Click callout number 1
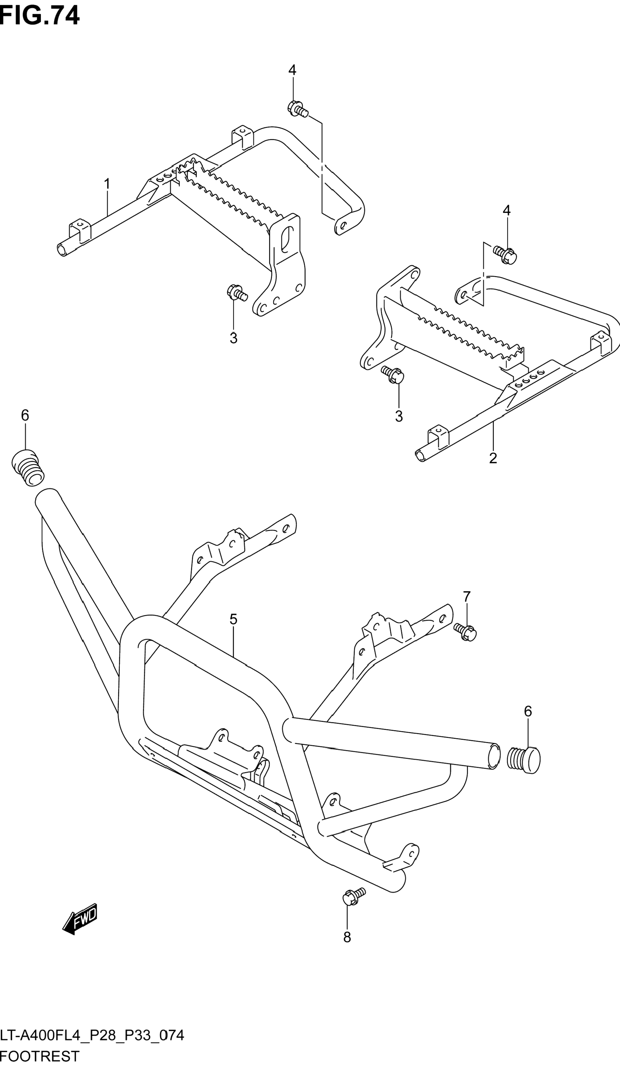(107, 184)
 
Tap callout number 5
(233, 619)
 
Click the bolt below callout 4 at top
(297, 108)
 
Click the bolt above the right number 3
(393, 374)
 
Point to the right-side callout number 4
(506, 210)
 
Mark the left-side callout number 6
(25, 415)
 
